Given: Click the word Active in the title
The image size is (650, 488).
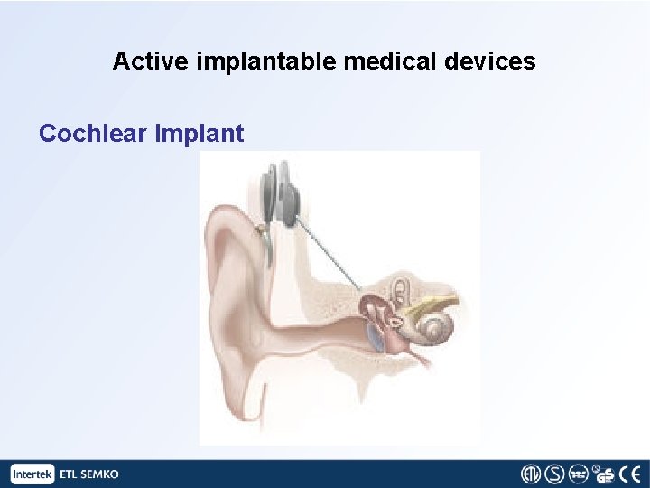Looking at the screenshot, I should coord(140,61).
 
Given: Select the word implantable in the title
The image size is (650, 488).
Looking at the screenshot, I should coord(236,62).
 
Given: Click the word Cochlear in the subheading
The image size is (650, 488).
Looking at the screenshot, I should coord(94,134).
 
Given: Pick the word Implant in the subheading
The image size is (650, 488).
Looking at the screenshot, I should coord(200,135).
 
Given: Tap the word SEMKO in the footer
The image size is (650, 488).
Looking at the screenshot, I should coord(101,474).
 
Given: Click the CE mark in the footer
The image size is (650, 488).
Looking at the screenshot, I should coord(631,474).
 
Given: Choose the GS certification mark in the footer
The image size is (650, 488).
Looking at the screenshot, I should coord(606,474).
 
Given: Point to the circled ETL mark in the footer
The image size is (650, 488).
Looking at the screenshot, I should coord(532,474).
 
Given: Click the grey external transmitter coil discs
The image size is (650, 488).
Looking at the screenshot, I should coord(280,193).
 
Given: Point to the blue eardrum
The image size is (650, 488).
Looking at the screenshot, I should coord(373,337).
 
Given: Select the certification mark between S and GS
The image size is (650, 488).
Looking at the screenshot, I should coord(581,474).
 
